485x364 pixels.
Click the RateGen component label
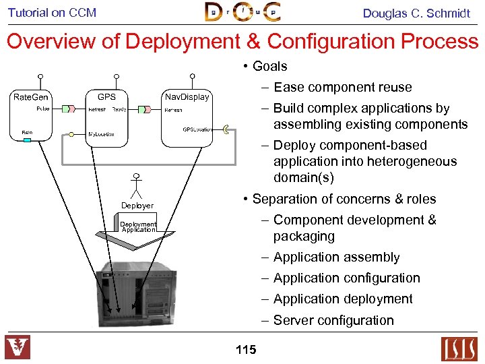click(31, 98)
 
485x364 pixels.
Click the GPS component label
click(106, 96)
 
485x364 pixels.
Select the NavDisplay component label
click(187, 97)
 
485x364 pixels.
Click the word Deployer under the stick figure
click(137, 206)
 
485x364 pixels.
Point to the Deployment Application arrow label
click(138, 227)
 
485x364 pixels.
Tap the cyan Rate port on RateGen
click(28, 140)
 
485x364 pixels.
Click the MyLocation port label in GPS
click(101, 134)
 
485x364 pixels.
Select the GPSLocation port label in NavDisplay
click(197, 129)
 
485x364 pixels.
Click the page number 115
click(246, 349)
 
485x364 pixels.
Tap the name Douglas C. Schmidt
click(416, 13)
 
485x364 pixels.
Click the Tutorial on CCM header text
click(52, 12)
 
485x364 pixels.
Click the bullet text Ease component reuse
click(342, 87)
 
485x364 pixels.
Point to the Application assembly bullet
click(336, 257)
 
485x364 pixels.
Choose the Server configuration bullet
click(333, 320)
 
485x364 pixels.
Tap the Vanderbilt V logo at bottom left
click(18, 348)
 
